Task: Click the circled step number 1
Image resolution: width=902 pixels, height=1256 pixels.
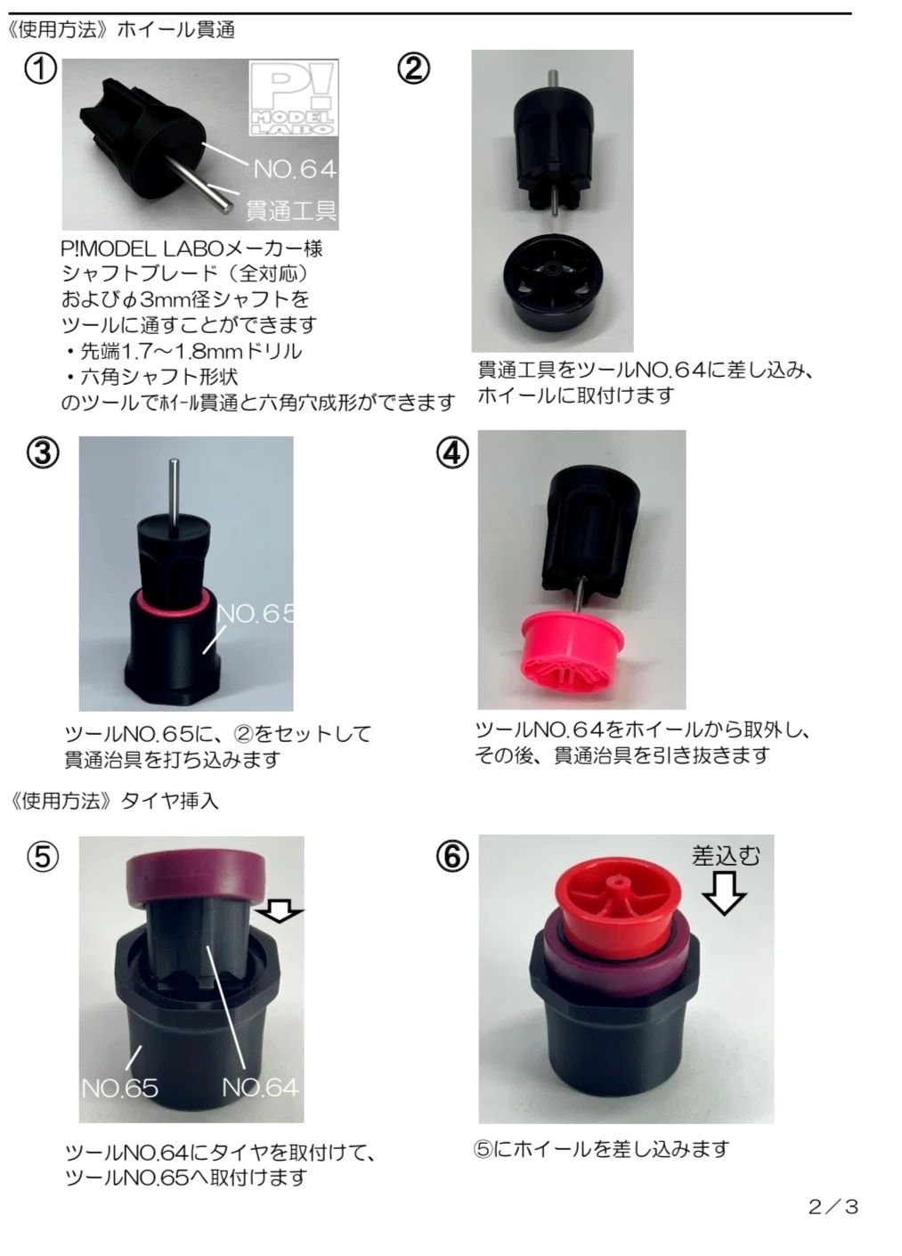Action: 40,71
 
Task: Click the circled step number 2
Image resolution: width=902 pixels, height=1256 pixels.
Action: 413,70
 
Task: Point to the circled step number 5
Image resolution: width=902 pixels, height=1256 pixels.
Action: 42,857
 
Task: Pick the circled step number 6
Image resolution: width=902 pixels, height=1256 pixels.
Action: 451,857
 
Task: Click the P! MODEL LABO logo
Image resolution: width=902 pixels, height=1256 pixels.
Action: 293,98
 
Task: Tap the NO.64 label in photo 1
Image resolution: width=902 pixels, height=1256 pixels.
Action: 295,168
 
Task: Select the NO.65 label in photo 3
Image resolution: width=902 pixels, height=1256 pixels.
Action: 256,614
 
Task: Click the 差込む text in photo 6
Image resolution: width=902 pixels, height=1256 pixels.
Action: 725,856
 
